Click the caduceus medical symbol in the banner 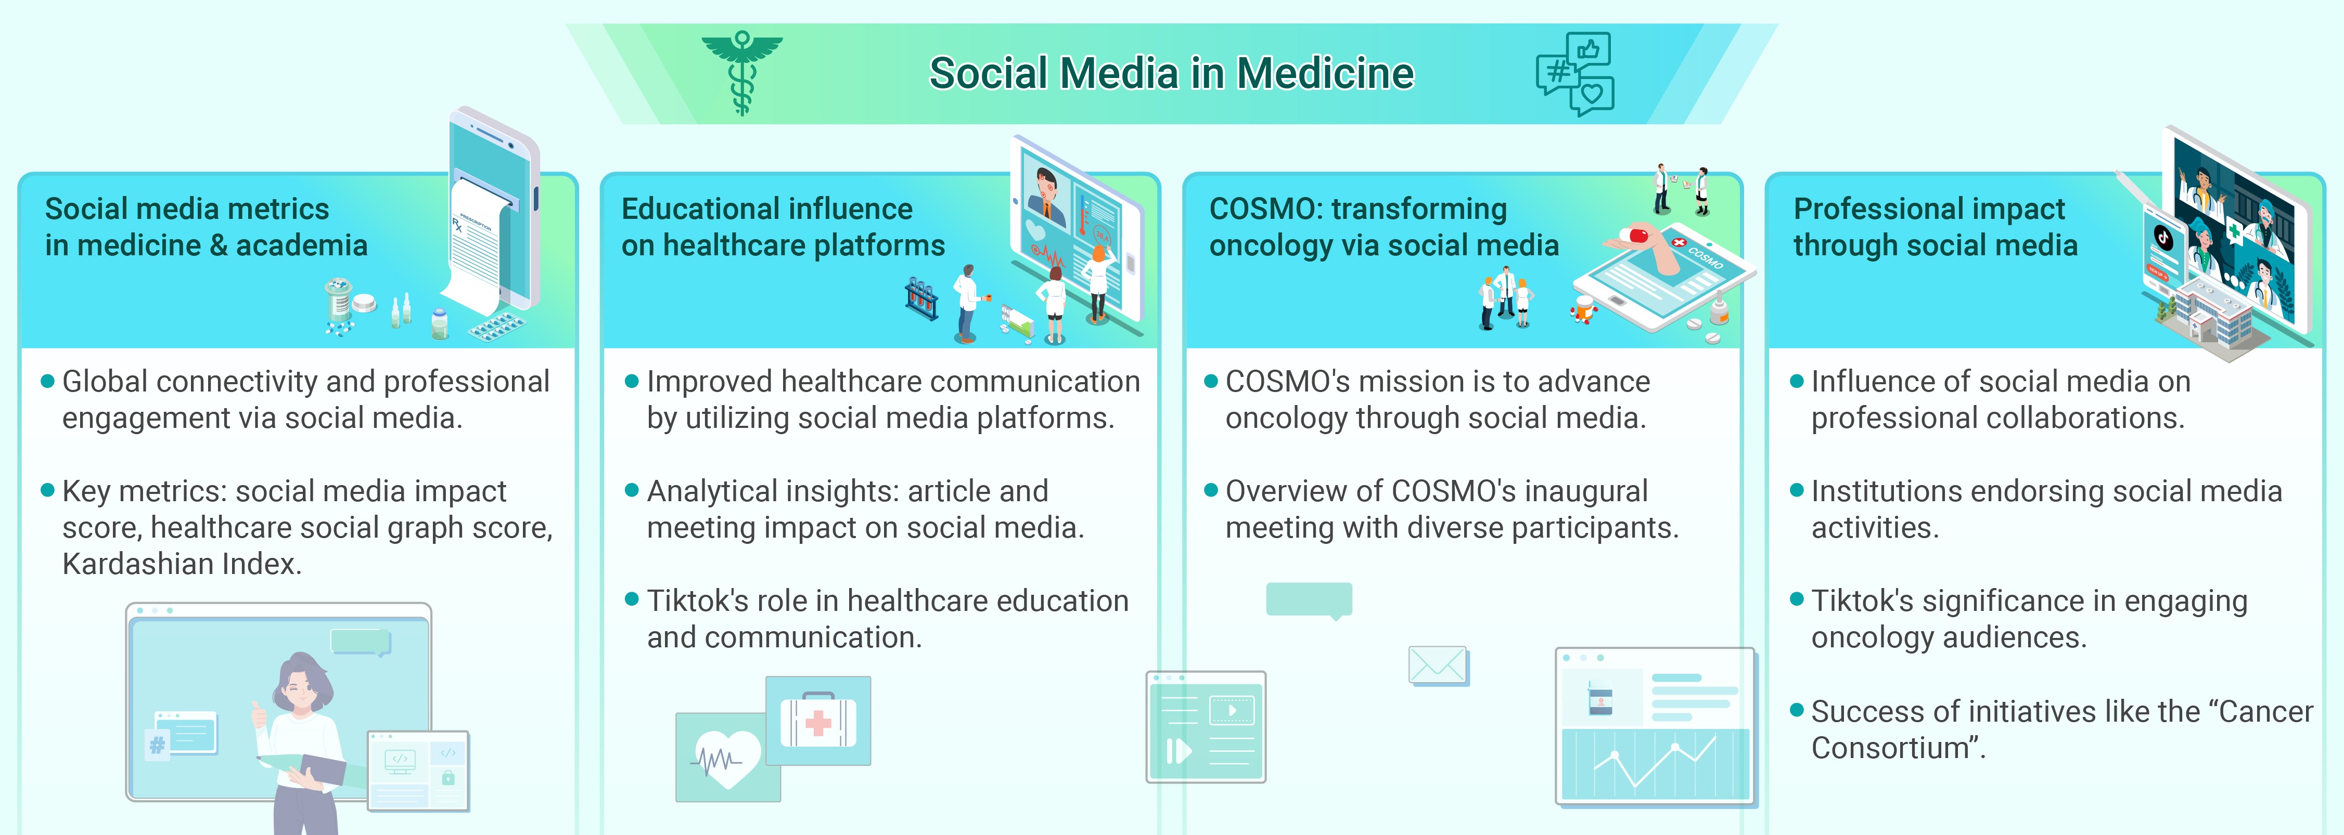pyautogui.click(x=741, y=73)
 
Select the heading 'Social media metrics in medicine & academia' pyautogui.click(x=207, y=227)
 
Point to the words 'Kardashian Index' pyautogui.click(x=182, y=565)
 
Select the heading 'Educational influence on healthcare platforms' pyautogui.click(x=783, y=227)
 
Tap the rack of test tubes pyautogui.click(x=921, y=299)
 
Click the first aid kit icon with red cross pyautogui.click(x=818, y=721)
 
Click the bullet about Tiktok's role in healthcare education pyautogui.click(x=887, y=619)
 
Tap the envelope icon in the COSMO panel pyautogui.click(x=1438, y=665)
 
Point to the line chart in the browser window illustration pyautogui.click(x=1654, y=764)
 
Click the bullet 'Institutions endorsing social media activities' pyautogui.click(x=2045, y=510)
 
